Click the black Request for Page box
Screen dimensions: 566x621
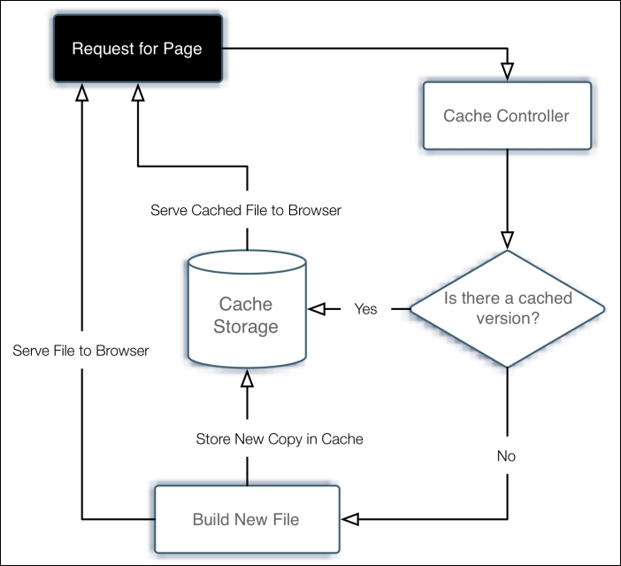pyautogui.click(x=136, y=50)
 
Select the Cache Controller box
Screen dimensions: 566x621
pyautogui.click(x=506, y=116)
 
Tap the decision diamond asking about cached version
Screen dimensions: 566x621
pyautogui.click(x=507, y=308)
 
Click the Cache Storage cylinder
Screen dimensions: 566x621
pyautogui.click(x=248, y=315)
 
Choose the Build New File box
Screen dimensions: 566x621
pyautogui.click(x=246, y=519)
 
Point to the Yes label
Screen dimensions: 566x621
pyautogui.click(x=365, y=309)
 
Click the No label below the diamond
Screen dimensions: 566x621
pyautogui.click(x=506, y=457)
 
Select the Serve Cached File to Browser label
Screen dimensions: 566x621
pyautogui.click(x=246, y=211)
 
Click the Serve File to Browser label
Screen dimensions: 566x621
pyautogui.click(x=81, y=351)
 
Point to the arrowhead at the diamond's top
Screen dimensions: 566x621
pyautogui.click(x=507, y=239)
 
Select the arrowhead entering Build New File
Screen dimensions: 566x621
pyautogui.click(x=350, y=518)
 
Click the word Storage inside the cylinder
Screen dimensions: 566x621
pyautogui.click(x=248, y=327)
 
